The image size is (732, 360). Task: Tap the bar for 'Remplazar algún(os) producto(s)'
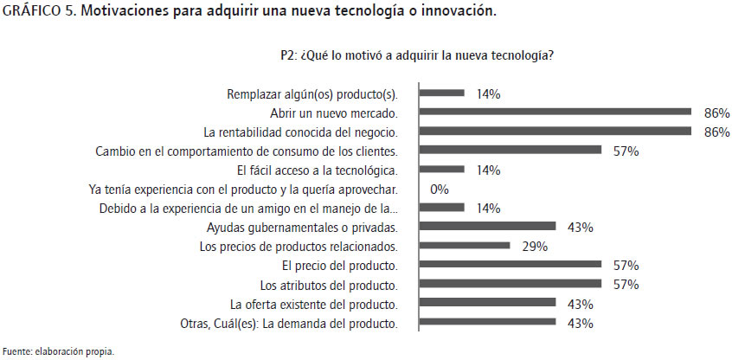click(x=442, y=93)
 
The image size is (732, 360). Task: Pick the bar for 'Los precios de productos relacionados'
click(x=465, y=246)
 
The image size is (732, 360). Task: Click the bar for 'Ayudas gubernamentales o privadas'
click(x=488, y=227)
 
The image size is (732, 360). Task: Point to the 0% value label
click(x=439, y=190)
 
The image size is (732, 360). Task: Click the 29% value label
click(x=535, y=247)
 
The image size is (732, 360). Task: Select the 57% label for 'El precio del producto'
click(x=626, y=266)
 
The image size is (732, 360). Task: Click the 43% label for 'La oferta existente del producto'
click(x=580, y=305)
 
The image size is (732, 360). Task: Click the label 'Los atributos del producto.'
click(x=328, y=285)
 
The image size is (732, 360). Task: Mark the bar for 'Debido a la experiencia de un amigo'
click(x=442, y=208)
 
